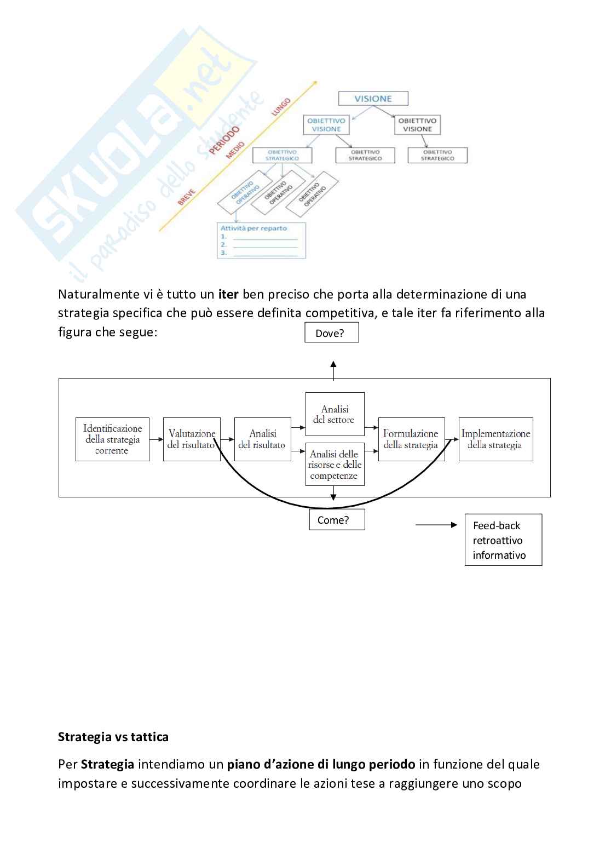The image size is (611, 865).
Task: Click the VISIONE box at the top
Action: click(373, 99)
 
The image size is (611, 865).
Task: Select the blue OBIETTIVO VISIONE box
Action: click(326, 125)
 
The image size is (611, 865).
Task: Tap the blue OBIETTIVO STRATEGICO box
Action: click(282, 155)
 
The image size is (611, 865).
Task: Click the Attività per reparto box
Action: click(261, 240)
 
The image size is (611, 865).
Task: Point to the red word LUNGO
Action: click(281, 106)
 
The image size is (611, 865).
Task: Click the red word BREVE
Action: click(187, 197)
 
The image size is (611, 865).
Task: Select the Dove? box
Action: click(331, 333)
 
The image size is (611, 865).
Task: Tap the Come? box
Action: click(337, 520)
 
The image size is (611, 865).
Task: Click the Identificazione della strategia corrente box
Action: click(112, 439)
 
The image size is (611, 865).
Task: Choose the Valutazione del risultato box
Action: click(192, 439)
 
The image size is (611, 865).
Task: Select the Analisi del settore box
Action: click(335, 414)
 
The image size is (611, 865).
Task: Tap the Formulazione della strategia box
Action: click(411, 439)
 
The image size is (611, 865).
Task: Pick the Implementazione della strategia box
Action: click(495, 439)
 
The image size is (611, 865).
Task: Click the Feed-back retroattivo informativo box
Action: click(503, 540)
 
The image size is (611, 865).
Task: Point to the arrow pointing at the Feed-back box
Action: click(436, 525)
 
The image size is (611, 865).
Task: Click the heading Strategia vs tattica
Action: click(113, 737)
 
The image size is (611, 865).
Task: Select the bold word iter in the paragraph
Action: click(228, 294)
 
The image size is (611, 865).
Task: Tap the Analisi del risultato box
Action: click(262, 439)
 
